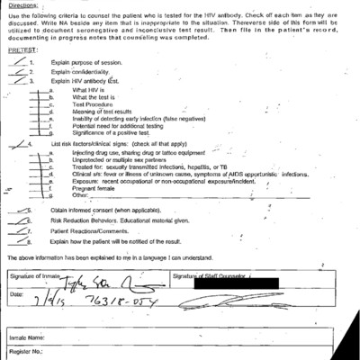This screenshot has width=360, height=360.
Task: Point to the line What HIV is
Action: click(88, 90)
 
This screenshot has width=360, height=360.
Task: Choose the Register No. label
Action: click(26, 353)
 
